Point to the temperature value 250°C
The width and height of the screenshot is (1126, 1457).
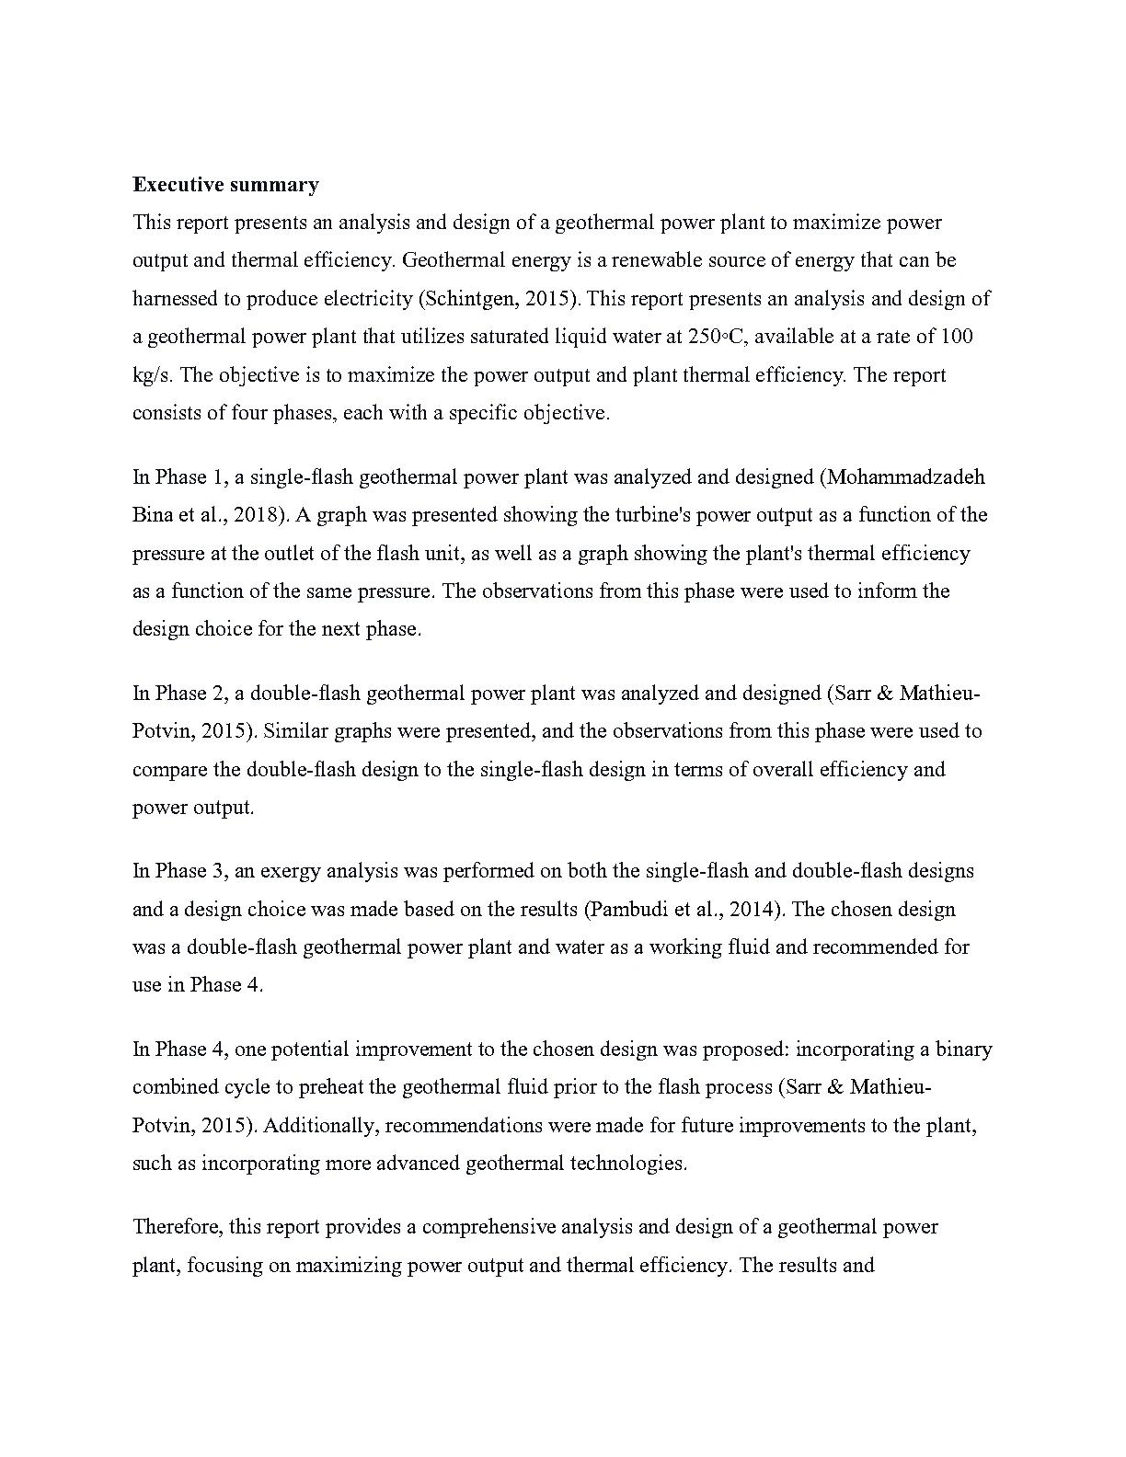[715, 337]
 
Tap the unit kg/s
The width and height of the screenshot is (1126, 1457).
[152, 375]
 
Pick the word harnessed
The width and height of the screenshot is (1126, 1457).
[176, 299]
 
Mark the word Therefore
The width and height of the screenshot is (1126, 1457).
[176, 1227]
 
